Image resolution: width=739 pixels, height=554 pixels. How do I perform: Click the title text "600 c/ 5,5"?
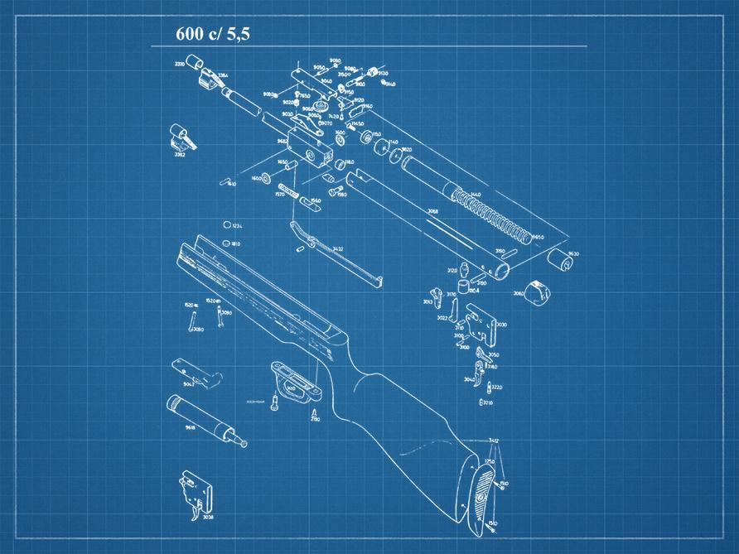click(x=212, y=35)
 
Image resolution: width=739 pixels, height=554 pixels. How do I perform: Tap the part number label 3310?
click(x=179, y=63)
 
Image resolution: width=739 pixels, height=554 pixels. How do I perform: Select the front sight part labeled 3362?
click(x=180, y=134)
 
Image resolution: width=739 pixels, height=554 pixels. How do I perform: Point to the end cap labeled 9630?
click(x=563, y=262)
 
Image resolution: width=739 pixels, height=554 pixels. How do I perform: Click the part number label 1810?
click(x=236, y=243)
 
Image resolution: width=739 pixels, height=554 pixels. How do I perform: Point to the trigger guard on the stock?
click(x=294, y=381)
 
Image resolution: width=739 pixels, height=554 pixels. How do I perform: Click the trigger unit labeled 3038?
click(x=196, y=492)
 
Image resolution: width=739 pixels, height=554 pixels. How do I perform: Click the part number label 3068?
click(x=432, y=212)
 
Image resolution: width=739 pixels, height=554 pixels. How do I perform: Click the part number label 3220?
click(x=497, y=387)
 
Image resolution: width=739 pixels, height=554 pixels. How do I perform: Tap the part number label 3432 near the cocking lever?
click(x=337, y=248)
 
